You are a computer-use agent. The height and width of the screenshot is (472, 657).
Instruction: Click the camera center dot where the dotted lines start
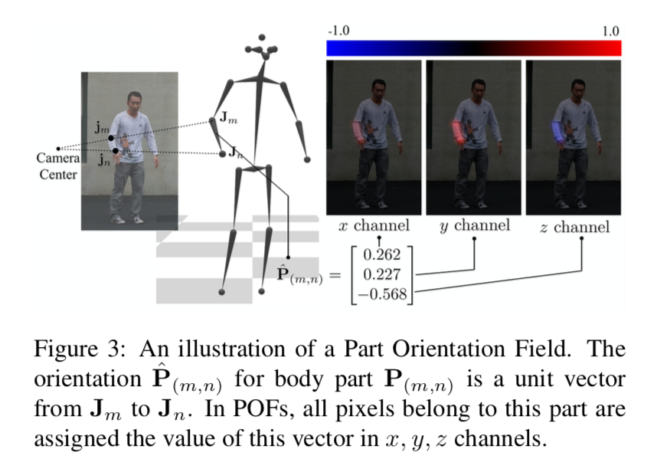point(58,149)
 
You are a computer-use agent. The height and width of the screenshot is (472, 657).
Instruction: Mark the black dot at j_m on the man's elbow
point(110,138)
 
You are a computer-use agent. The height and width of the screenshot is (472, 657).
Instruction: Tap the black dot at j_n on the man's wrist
point(115,151)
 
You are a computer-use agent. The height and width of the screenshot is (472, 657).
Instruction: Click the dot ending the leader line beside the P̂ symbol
point(288,257)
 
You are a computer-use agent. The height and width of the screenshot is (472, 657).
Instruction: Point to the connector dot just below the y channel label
point(474,238)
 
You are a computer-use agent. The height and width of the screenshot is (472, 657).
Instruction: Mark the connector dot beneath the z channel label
point(582,238)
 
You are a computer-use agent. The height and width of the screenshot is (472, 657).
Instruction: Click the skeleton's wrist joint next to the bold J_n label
point(223,154)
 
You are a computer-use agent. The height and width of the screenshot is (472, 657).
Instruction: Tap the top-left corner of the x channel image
point(327,61)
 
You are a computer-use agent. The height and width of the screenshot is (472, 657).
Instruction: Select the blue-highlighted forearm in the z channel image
point(557,132)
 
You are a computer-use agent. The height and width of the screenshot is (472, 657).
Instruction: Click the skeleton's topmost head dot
point(262,38)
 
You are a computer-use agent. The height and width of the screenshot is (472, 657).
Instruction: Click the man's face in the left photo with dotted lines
point(135,102)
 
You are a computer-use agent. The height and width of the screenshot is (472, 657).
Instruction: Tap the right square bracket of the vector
point(410,275)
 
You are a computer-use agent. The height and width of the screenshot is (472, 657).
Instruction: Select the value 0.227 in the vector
point(381,274)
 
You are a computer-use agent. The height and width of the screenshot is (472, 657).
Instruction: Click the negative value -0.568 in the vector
point(381,293)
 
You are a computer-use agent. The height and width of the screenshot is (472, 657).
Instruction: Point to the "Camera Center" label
point(58,166)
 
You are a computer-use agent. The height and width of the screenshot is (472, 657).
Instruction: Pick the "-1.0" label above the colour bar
point(338,31)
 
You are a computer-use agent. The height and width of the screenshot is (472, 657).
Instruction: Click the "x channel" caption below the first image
point(374,225)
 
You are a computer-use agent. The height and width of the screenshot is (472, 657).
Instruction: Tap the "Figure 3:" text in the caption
point(80,349)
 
